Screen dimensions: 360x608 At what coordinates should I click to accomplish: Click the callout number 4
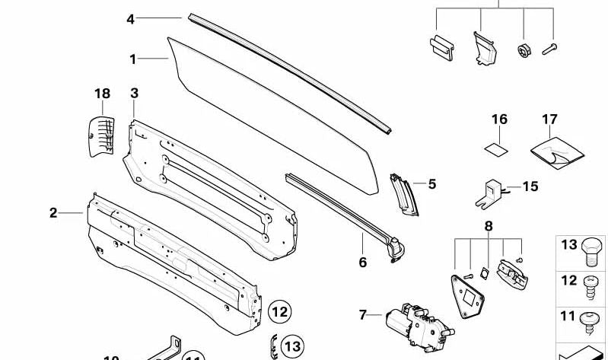(x=130, y=18)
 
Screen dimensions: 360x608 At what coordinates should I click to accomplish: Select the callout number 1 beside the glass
(x=133, y=59)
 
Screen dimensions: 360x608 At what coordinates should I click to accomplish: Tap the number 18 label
(x=102, y=94)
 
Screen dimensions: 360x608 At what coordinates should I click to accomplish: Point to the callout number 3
(x=134, y=93)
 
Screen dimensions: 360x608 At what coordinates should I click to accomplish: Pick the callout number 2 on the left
(x=53, y=212)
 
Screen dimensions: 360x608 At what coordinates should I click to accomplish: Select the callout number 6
(x=362, y=263)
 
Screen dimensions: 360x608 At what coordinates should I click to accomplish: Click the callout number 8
(x=488, y=225)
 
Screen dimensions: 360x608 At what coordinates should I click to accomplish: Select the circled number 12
(x=280, y=311)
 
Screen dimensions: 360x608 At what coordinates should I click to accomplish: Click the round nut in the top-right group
(x=524, y=50)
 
